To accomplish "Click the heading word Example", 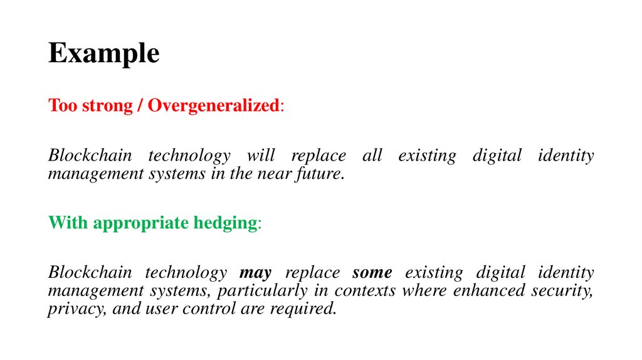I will coord(103,54).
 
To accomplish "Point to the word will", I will coord(260,155).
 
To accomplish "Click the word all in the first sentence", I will coord(372,155).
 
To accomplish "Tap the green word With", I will coord(65,223).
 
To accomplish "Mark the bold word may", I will coord(256,273).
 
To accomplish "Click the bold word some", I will coord(372,273).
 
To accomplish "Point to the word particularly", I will coord(280,290).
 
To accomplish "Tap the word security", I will coord(562,290).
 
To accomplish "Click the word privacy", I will coord(71,309).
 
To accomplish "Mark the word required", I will coord(303,309).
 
